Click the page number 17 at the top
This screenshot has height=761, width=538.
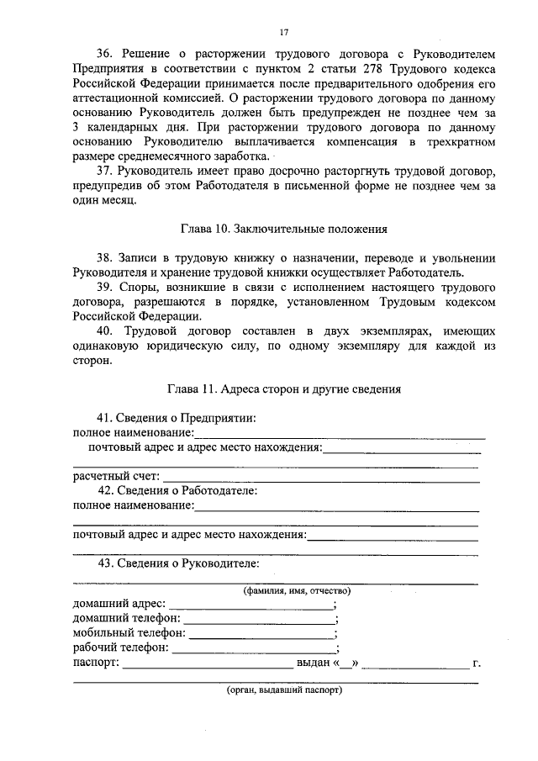[x=284, y=32]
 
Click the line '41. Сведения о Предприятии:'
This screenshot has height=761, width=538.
[x=177, y=418]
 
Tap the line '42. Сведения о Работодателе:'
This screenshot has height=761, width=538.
[x=177, y=491]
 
